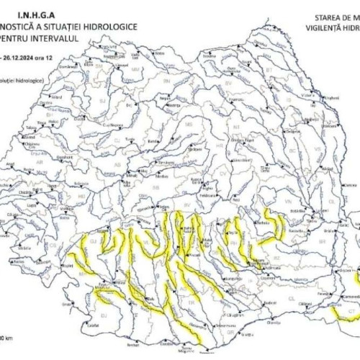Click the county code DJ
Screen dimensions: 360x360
103,315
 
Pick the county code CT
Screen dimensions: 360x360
344,311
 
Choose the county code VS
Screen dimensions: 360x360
318,151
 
